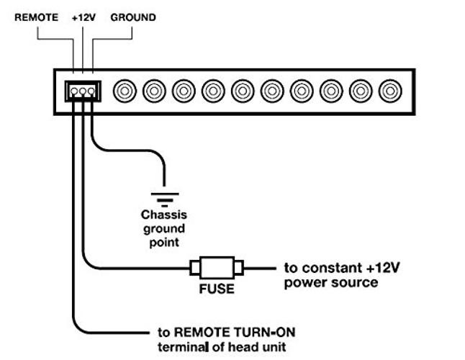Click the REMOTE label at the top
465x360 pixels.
(x=37, y=17)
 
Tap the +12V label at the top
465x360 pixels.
(x=83, y=17)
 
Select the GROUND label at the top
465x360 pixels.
(x=133, y=17)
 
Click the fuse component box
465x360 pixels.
(x=217, y=268)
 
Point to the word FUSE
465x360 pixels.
(x=217, y=289)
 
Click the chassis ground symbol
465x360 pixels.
(x=165, y=199)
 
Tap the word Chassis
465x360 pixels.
(x=164, y=215)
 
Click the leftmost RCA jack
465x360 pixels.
(x=125, y=91)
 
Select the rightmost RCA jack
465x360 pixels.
(x=390, y=91)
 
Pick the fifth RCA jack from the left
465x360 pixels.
(x=243, y=91)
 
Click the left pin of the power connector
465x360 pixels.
(x=74, y=91)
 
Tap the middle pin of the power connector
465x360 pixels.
(x=83, y=91)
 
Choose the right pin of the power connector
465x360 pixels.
(x=91, y=91)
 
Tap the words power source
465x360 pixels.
(x=331, y=283)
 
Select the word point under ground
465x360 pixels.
(x=164, y=243)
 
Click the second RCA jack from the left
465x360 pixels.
(x=154, y=91)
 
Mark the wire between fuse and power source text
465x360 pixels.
(x=260, y=269)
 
